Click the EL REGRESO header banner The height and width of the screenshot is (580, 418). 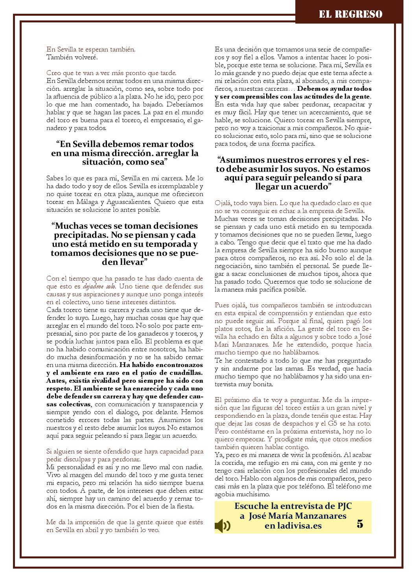(x=350, y=15)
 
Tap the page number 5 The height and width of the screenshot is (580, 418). (x=360, y=524)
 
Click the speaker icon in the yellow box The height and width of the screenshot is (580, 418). (x=223, y=525)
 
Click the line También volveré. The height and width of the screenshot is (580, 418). (x=72, y=57)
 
